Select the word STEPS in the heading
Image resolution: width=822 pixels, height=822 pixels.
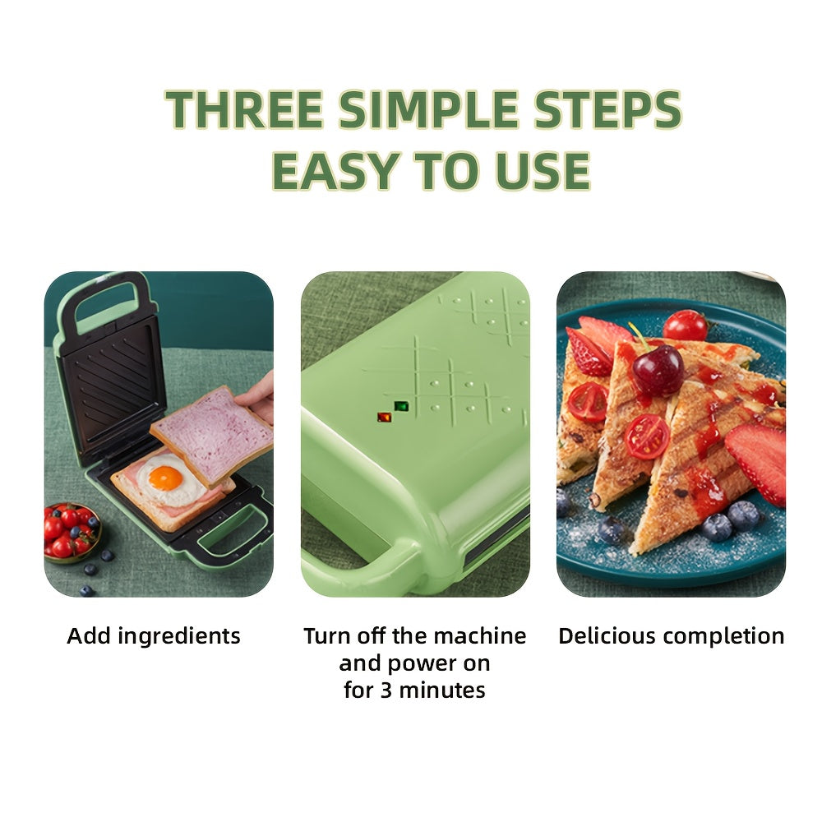click(x=607, y=109)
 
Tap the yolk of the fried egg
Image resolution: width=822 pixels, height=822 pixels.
click(x=165, y=477)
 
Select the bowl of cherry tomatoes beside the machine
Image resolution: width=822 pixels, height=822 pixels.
click(x=69, y=533)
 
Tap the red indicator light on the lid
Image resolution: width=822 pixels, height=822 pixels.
click(x=384, y=417)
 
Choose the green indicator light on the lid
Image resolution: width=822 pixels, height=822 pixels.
click(x=401, y=406)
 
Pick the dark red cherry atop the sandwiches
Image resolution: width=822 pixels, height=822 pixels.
click(x=657, y=369)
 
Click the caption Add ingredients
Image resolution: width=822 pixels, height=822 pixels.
click(x=154, y=636)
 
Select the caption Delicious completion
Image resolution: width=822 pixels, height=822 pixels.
click(x=671, y=636)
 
